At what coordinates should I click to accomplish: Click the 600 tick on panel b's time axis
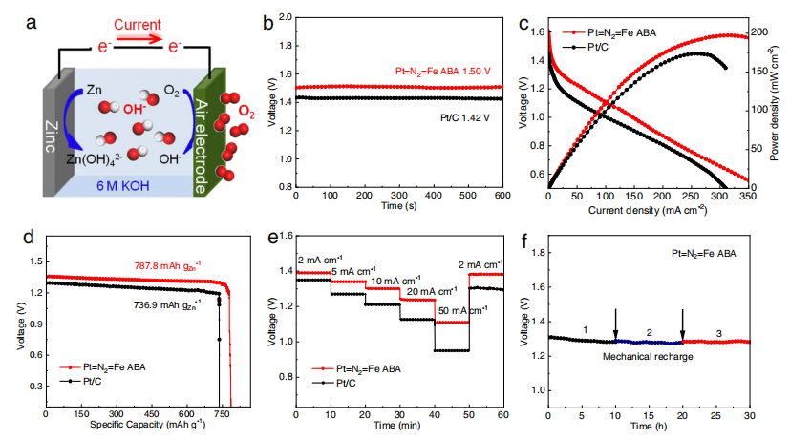[x=502, y=195]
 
